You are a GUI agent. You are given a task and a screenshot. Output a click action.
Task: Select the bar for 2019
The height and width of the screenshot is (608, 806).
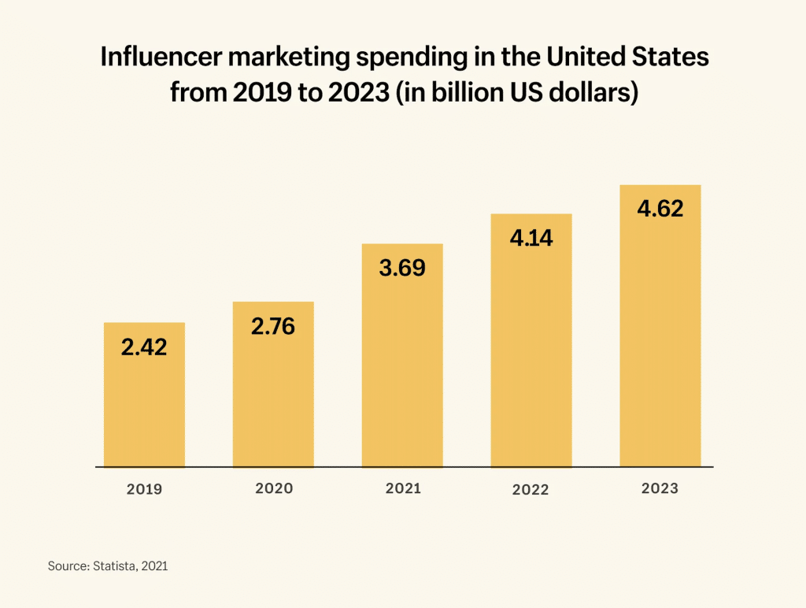[144, 410]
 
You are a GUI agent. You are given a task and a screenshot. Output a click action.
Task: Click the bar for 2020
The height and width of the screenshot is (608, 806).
[273, 402]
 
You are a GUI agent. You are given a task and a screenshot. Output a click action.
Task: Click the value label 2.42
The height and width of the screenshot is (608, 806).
[144, 347]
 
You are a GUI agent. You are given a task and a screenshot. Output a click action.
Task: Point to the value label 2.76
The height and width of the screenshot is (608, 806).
[273, 326]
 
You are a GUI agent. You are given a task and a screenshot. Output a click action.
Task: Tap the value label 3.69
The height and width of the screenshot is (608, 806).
[402, 268]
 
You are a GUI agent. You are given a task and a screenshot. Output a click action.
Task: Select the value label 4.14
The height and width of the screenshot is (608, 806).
[531, 238]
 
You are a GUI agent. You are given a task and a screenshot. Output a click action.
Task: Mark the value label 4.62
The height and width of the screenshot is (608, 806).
[660, 209]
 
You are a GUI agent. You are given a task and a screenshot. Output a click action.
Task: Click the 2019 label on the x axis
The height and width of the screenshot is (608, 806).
[144, 489]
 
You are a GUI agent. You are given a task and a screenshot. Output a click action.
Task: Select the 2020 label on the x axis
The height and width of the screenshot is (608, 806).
[274, 488]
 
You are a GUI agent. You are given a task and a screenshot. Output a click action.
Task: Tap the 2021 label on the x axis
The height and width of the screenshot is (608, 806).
[403, 488]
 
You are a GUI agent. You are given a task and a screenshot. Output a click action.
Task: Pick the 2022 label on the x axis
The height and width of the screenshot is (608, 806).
[531, 489]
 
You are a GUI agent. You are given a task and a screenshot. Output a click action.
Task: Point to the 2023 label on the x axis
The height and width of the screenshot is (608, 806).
[660, 488]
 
